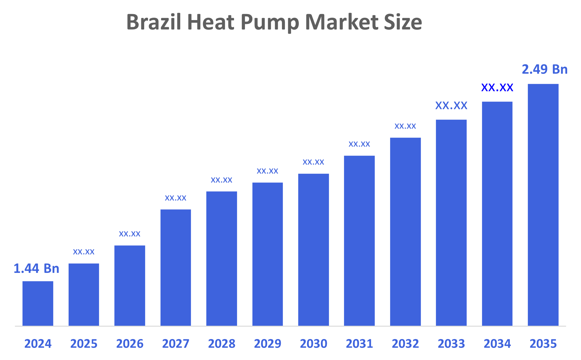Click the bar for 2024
click(x=38, y=303)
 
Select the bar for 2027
click(x=176, y=267)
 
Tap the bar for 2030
click(x=313, y=250)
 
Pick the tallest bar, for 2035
click(x=543, y=205)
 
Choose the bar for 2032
click(x=405, y=232)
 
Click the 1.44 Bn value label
click(x=36, y=268)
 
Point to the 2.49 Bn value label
click(x=544, y=69)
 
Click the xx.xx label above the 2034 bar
click(x=497, y=88)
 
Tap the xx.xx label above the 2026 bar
click(x=129, y=234)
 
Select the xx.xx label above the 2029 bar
click(x=267, y=171)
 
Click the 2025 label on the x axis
click(x=84, y=344)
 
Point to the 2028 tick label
click(x=222, y=344)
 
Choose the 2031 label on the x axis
click(x=359, y=344)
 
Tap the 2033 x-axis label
click(x=451, y=344)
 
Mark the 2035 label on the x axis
click(x=543, y=344)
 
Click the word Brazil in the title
click(x=154, y=22)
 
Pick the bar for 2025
click(x=84, y=294)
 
